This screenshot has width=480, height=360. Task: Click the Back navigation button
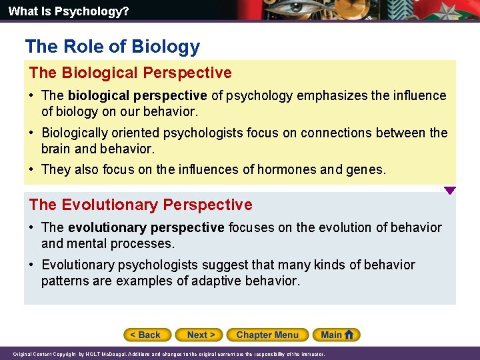pyautogui.click(x=147, y=335)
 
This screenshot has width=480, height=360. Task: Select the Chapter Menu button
pyautogui.click(x=267, y=335)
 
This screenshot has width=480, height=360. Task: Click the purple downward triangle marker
pyautogui.click(x=450, y=191)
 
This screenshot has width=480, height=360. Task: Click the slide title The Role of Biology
pyautogui.click(x=112, y=47)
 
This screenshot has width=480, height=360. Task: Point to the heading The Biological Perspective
pyautogui.click(x=130, y=73)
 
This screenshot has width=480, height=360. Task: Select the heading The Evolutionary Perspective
pyautogui.click(x=141, y=205)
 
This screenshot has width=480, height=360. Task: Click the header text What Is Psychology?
pyautogui.click(x=59, y=11)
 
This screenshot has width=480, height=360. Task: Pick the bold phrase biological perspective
pyautogui.click(x=137, y=95)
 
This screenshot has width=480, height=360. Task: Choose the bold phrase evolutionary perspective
pyautogui.click(x=146, y=228)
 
